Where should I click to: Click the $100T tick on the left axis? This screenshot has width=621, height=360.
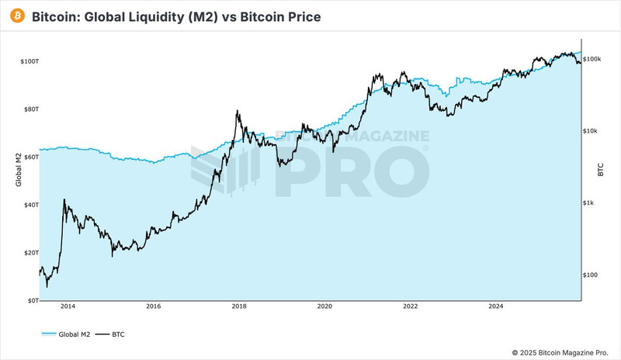point(28,61)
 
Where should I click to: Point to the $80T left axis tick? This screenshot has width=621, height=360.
point(29,109)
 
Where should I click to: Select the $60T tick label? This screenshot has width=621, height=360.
point(29,157)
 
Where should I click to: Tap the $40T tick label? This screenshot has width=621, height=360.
point(29,205)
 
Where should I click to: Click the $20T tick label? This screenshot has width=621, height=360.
point(29,253)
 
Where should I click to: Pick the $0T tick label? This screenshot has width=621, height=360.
point(30,300)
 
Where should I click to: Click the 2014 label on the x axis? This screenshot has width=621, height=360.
point(68,307)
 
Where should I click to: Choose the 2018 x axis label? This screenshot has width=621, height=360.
point(239,307)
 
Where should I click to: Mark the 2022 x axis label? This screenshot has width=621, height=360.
point(411,307)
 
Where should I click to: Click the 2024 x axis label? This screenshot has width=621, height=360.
point(497,307)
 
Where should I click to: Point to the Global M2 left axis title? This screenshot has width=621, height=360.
point(19,171)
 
